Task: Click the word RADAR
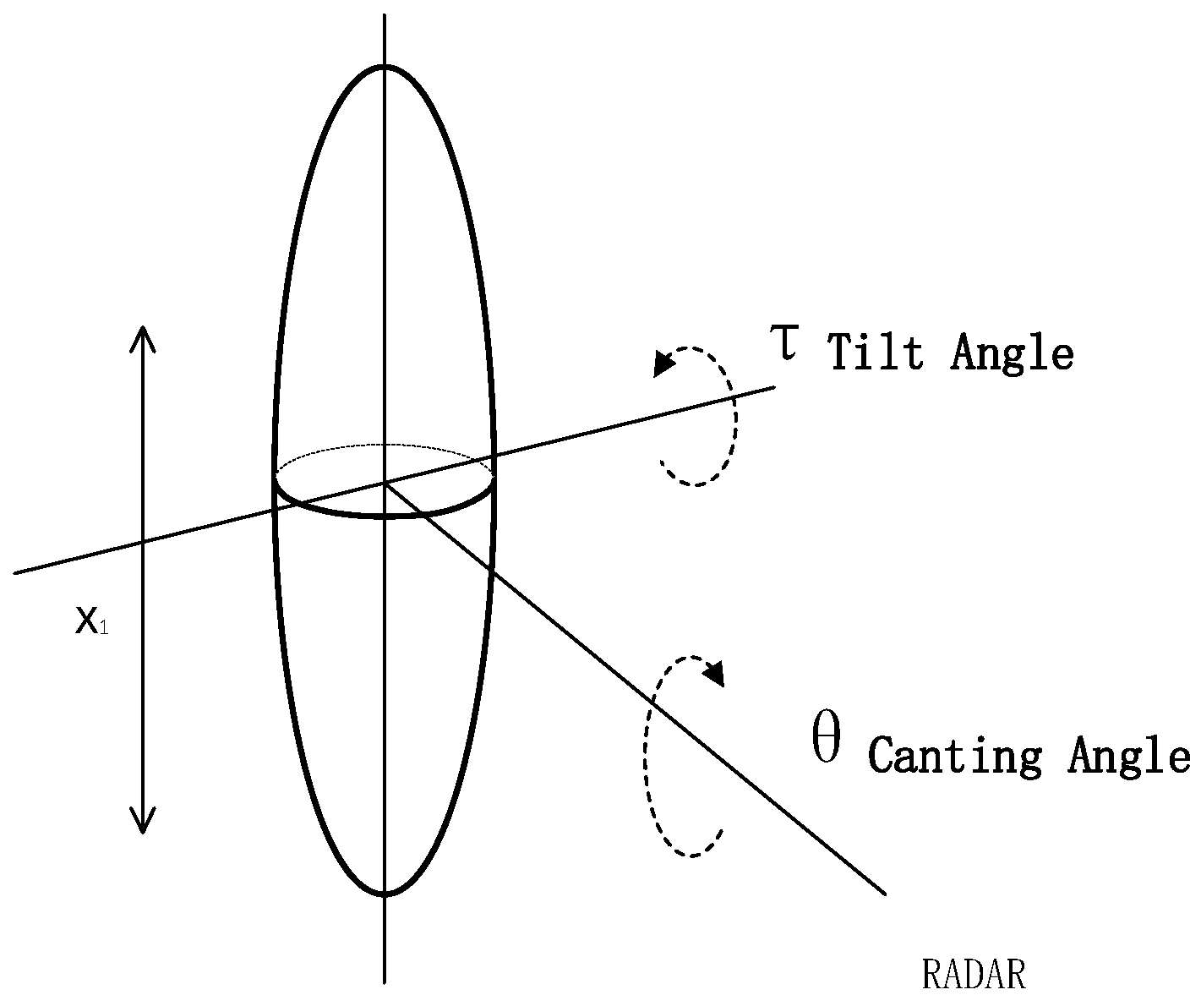pos(973,975)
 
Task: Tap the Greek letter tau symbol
pos(785,343)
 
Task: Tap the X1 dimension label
pos(90,623)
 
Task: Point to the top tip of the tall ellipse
pos(385,67)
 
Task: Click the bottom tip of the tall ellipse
pos(385,894)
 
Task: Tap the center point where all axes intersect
pos(385,483)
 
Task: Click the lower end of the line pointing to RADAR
pos(884,893)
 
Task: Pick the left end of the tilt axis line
pos(16,573)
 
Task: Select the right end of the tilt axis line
pos(774,387)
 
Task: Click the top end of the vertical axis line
pos(385,16)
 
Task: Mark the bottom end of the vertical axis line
pos(385,982)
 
